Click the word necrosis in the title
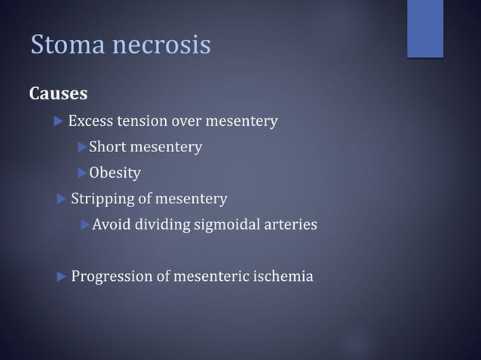pyautogui.click(x=161, y=44)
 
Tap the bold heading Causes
pyautogui.click(x=58, y=94)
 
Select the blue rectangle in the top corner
pyautogui.click(x=425, y=29)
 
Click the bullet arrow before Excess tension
pyautogui.click(x=60, y=121)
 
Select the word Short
pyautogui.click(x=108, y=147)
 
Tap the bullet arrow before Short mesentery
pyautogui.click(x=82, y=147)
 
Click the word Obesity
pyautogui.click(x=115, y=173)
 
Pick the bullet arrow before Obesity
pyautogui.click(x=82, y=173)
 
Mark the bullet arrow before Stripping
pyautogui.click(x=62, y=199)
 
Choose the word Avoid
pyautogui.click(x=111, y=224)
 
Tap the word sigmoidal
pyautogui.click(x=226, y=224)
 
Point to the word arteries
pyautogui.click(x=290, y=224)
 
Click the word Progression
pyautogui.click(x=112, y=276)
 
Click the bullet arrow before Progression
pyautogui.click(x=62, y=276)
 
